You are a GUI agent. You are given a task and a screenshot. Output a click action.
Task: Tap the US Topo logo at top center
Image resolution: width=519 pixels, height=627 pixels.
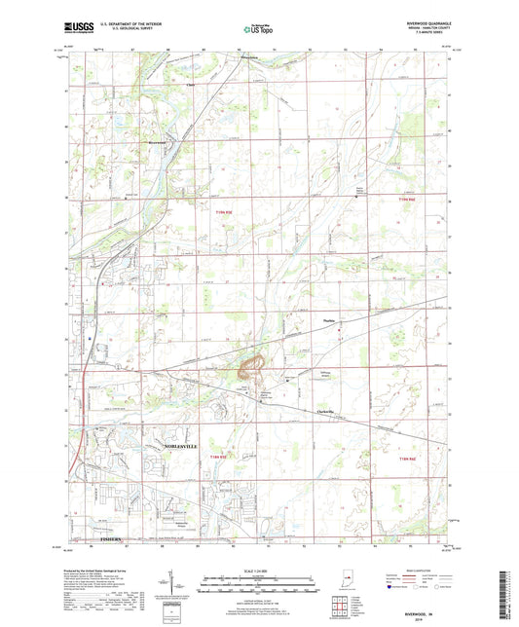[258, 30]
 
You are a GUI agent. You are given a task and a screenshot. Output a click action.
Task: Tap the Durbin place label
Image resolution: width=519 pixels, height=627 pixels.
[328, 330]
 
